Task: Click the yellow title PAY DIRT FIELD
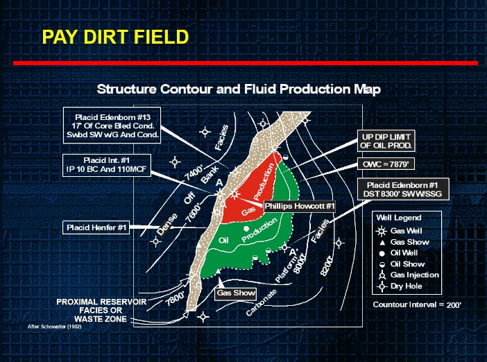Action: click(x=116, y=37)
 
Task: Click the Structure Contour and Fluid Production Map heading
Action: click(x=239, y=89)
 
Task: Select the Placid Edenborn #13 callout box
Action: click(x=112, y=126)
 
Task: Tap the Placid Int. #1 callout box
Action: click(x=107, y=165)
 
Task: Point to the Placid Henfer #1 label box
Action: click(x=96, y=227)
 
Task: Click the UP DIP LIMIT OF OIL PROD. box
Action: click(x=386, y=141)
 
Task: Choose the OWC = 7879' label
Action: click(x=386, y=164)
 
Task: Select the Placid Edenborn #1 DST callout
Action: click(x=403, y=189)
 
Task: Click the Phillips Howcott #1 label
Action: click(x=300, y=206)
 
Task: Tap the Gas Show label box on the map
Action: click(x=236, y=293)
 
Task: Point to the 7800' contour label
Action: click(x=175, y=299)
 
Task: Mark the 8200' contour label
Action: click(x=327, y=266)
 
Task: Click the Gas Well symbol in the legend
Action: click(x=382, y=232)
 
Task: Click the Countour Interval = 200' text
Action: click(x=417, y=305)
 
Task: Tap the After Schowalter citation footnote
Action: click(x=54, y=327)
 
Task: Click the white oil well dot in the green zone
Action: click(x=246, y=229)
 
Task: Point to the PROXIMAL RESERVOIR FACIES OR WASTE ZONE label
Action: click(x=101, y=311)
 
